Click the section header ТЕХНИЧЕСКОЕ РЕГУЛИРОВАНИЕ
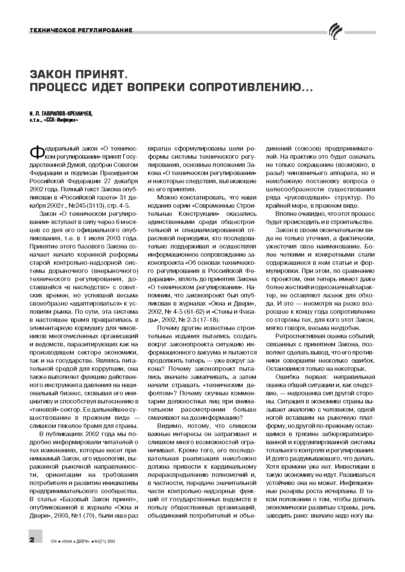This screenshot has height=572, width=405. [81, 31]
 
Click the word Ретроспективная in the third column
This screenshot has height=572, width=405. [300, 336]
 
